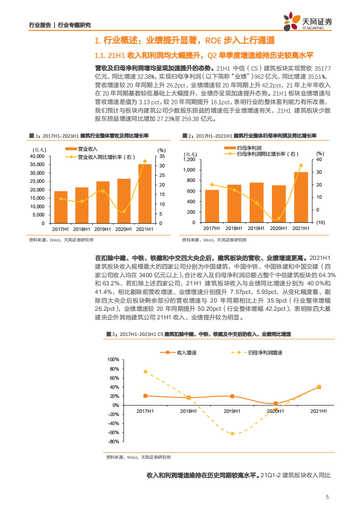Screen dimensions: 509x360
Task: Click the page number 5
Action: coord(327,497)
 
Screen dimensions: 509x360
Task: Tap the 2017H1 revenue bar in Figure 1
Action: coord(61,207)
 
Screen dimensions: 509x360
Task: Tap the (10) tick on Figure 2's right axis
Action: coord(320,222)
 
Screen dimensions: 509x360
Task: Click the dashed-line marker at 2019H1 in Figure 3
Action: coord(232,434)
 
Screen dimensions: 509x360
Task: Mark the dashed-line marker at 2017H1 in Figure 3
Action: coord(145,372)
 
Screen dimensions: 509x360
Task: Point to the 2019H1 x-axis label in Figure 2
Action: coord(256,229)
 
